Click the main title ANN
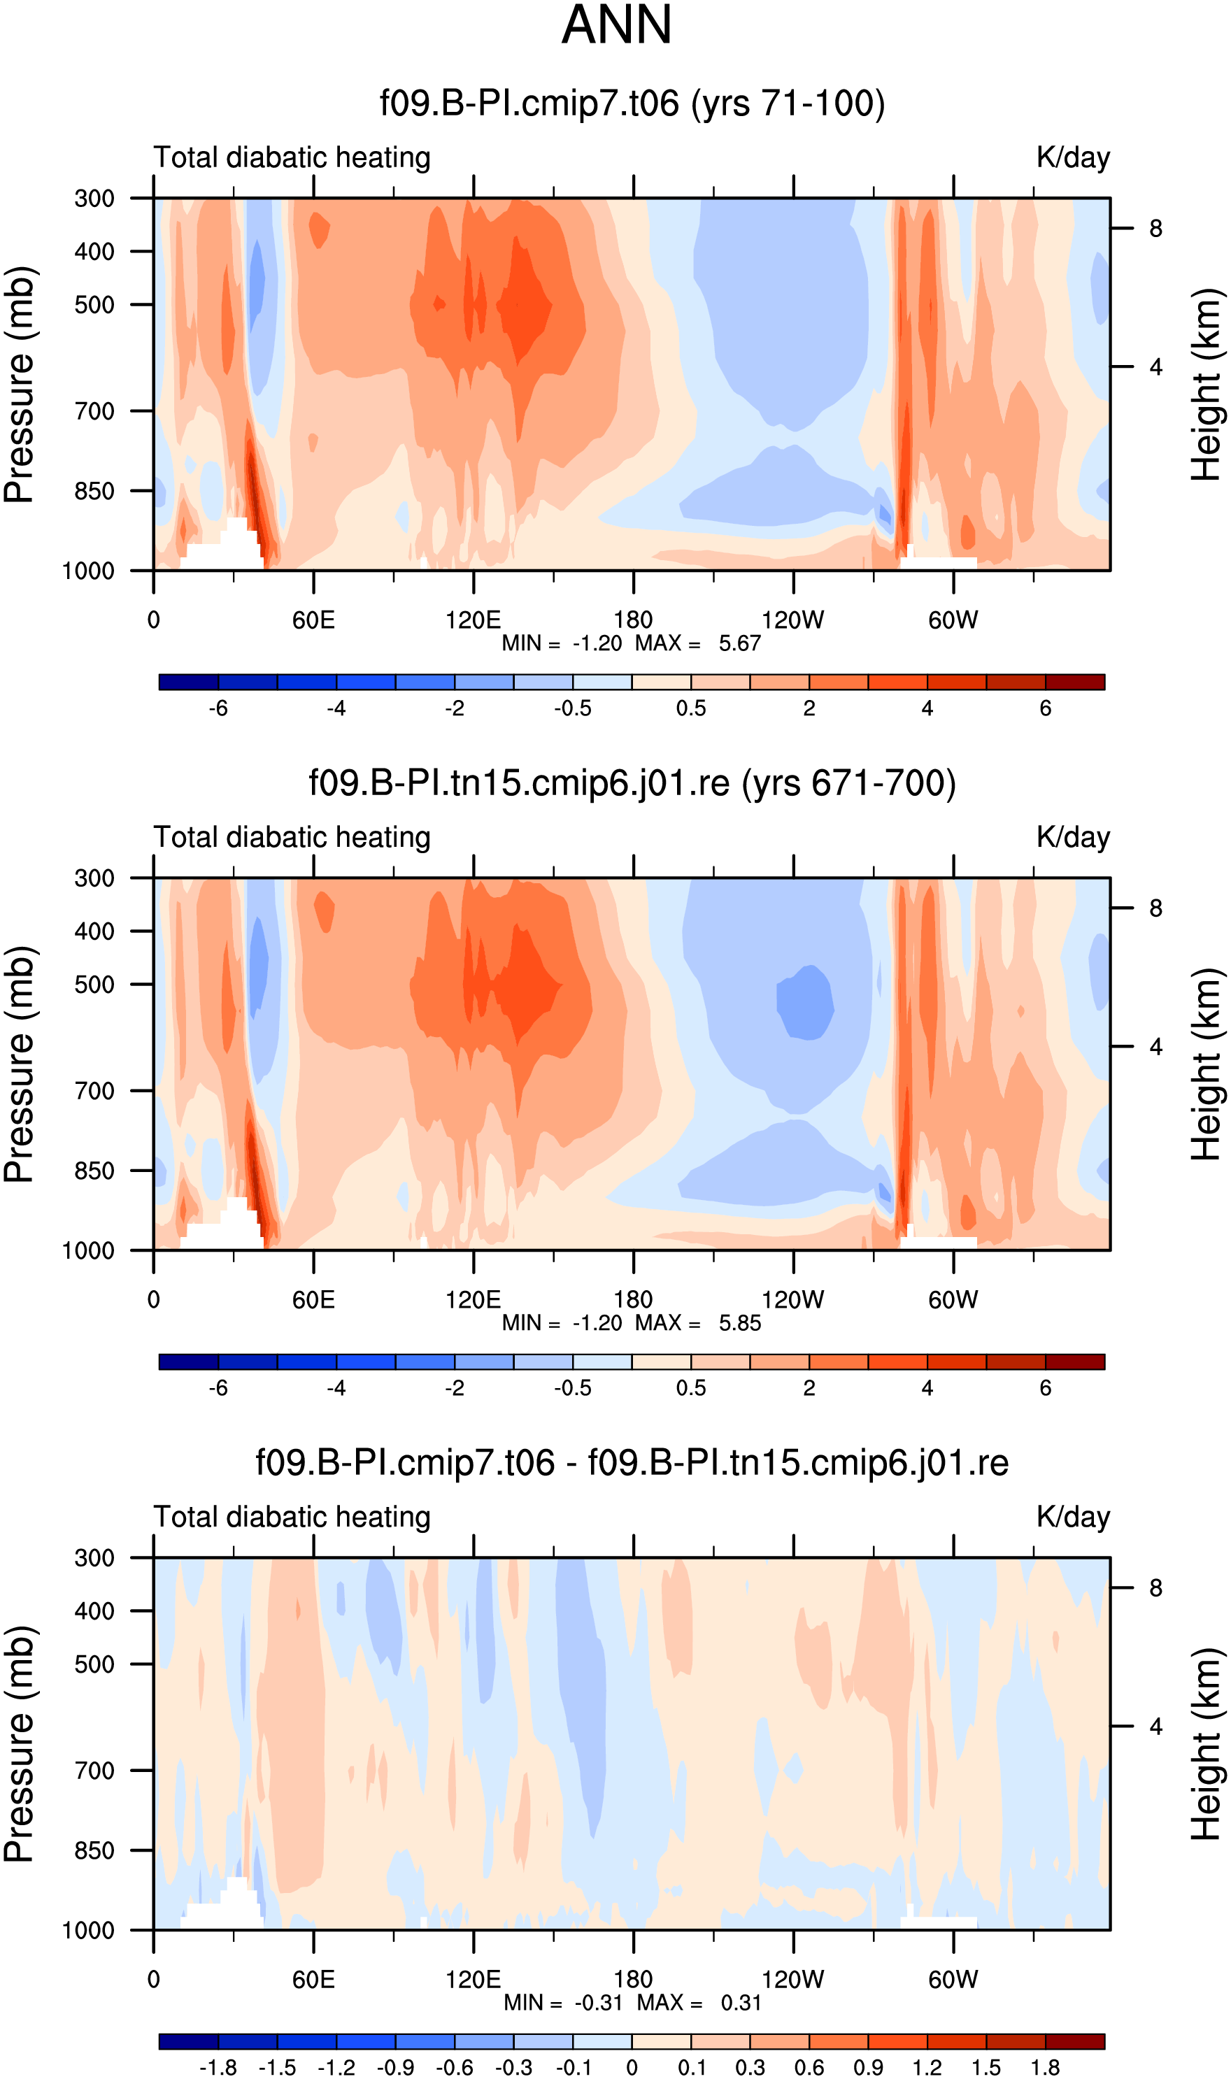(x=616, y=25)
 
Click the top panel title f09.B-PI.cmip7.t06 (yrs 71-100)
(x=632, y=103)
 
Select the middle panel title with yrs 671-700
(x=632, y=783)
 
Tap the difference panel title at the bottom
(x=632, y=1462)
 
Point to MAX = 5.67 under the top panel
(x=697, y=643)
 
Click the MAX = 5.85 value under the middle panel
(x=697, y=1322)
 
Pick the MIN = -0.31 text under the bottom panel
(x=563, y=2002)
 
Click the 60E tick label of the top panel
(x=313, y=620)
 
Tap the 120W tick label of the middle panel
(x=793, y=1299)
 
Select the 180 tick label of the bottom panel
(x=633, y=1979)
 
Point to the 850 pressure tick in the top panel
(x=94, y=491)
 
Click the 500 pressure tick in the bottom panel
(x=94, y=1664)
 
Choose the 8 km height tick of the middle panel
(x=1155, y=908)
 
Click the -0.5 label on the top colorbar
(x=572, y=708)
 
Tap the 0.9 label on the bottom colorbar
(x=869, y=2067)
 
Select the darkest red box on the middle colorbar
(x=1075, y=1362)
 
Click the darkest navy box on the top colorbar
(x=188, y=683)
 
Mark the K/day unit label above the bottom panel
(x=1072, y=1517)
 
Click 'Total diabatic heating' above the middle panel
(x=292, y=838)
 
